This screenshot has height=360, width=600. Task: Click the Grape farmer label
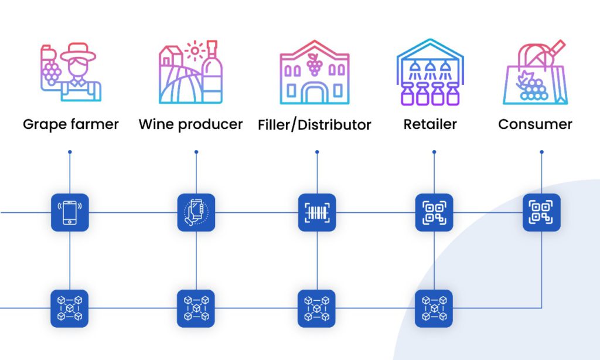[x=70, y=124]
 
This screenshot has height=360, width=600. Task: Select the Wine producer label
[x=190, y=124]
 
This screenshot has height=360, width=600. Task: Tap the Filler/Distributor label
[x=315, y=125]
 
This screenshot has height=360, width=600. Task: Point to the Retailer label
[x=430, y=124]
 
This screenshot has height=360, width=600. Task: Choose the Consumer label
[x=535, y=124]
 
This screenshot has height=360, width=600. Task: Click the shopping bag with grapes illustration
[x=535, y=74]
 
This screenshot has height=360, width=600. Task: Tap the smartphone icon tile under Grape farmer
[x=70, y=212]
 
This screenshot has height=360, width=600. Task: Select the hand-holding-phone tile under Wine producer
[x=196, y=212]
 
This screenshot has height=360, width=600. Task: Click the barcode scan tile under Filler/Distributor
[x=317, y=212]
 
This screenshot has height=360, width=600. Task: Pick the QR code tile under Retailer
[x=434, y=212]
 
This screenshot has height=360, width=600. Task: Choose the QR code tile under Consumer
[x=541, y=212]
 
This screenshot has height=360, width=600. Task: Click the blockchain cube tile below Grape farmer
[x=70, y=308]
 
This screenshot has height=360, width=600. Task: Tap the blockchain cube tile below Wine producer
[x=196, y=308]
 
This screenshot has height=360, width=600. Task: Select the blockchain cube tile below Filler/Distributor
[x=317, y=308]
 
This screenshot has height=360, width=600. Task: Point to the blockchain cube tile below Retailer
[x=434, y=308]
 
